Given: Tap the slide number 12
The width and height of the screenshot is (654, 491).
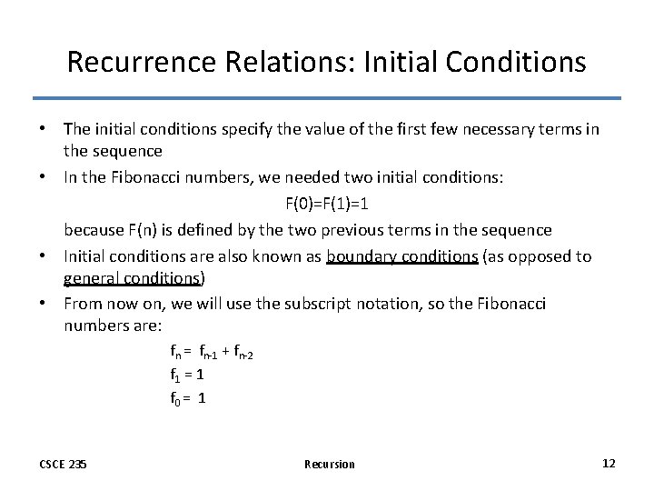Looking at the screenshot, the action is click(609, 464).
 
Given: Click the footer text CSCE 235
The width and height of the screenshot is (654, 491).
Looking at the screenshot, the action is click(64, 465).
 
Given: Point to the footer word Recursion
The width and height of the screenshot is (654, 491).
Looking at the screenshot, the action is click(330, 465).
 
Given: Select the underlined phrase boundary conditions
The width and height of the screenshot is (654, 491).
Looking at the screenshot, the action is click(401, 256).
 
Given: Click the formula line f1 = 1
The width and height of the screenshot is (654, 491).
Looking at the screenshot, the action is click(186, 374).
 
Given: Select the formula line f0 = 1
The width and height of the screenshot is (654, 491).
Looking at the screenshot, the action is click(187, 397).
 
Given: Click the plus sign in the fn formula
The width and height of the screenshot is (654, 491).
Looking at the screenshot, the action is click(225, 350).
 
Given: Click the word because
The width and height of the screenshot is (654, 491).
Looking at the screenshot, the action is click(94, 229).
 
